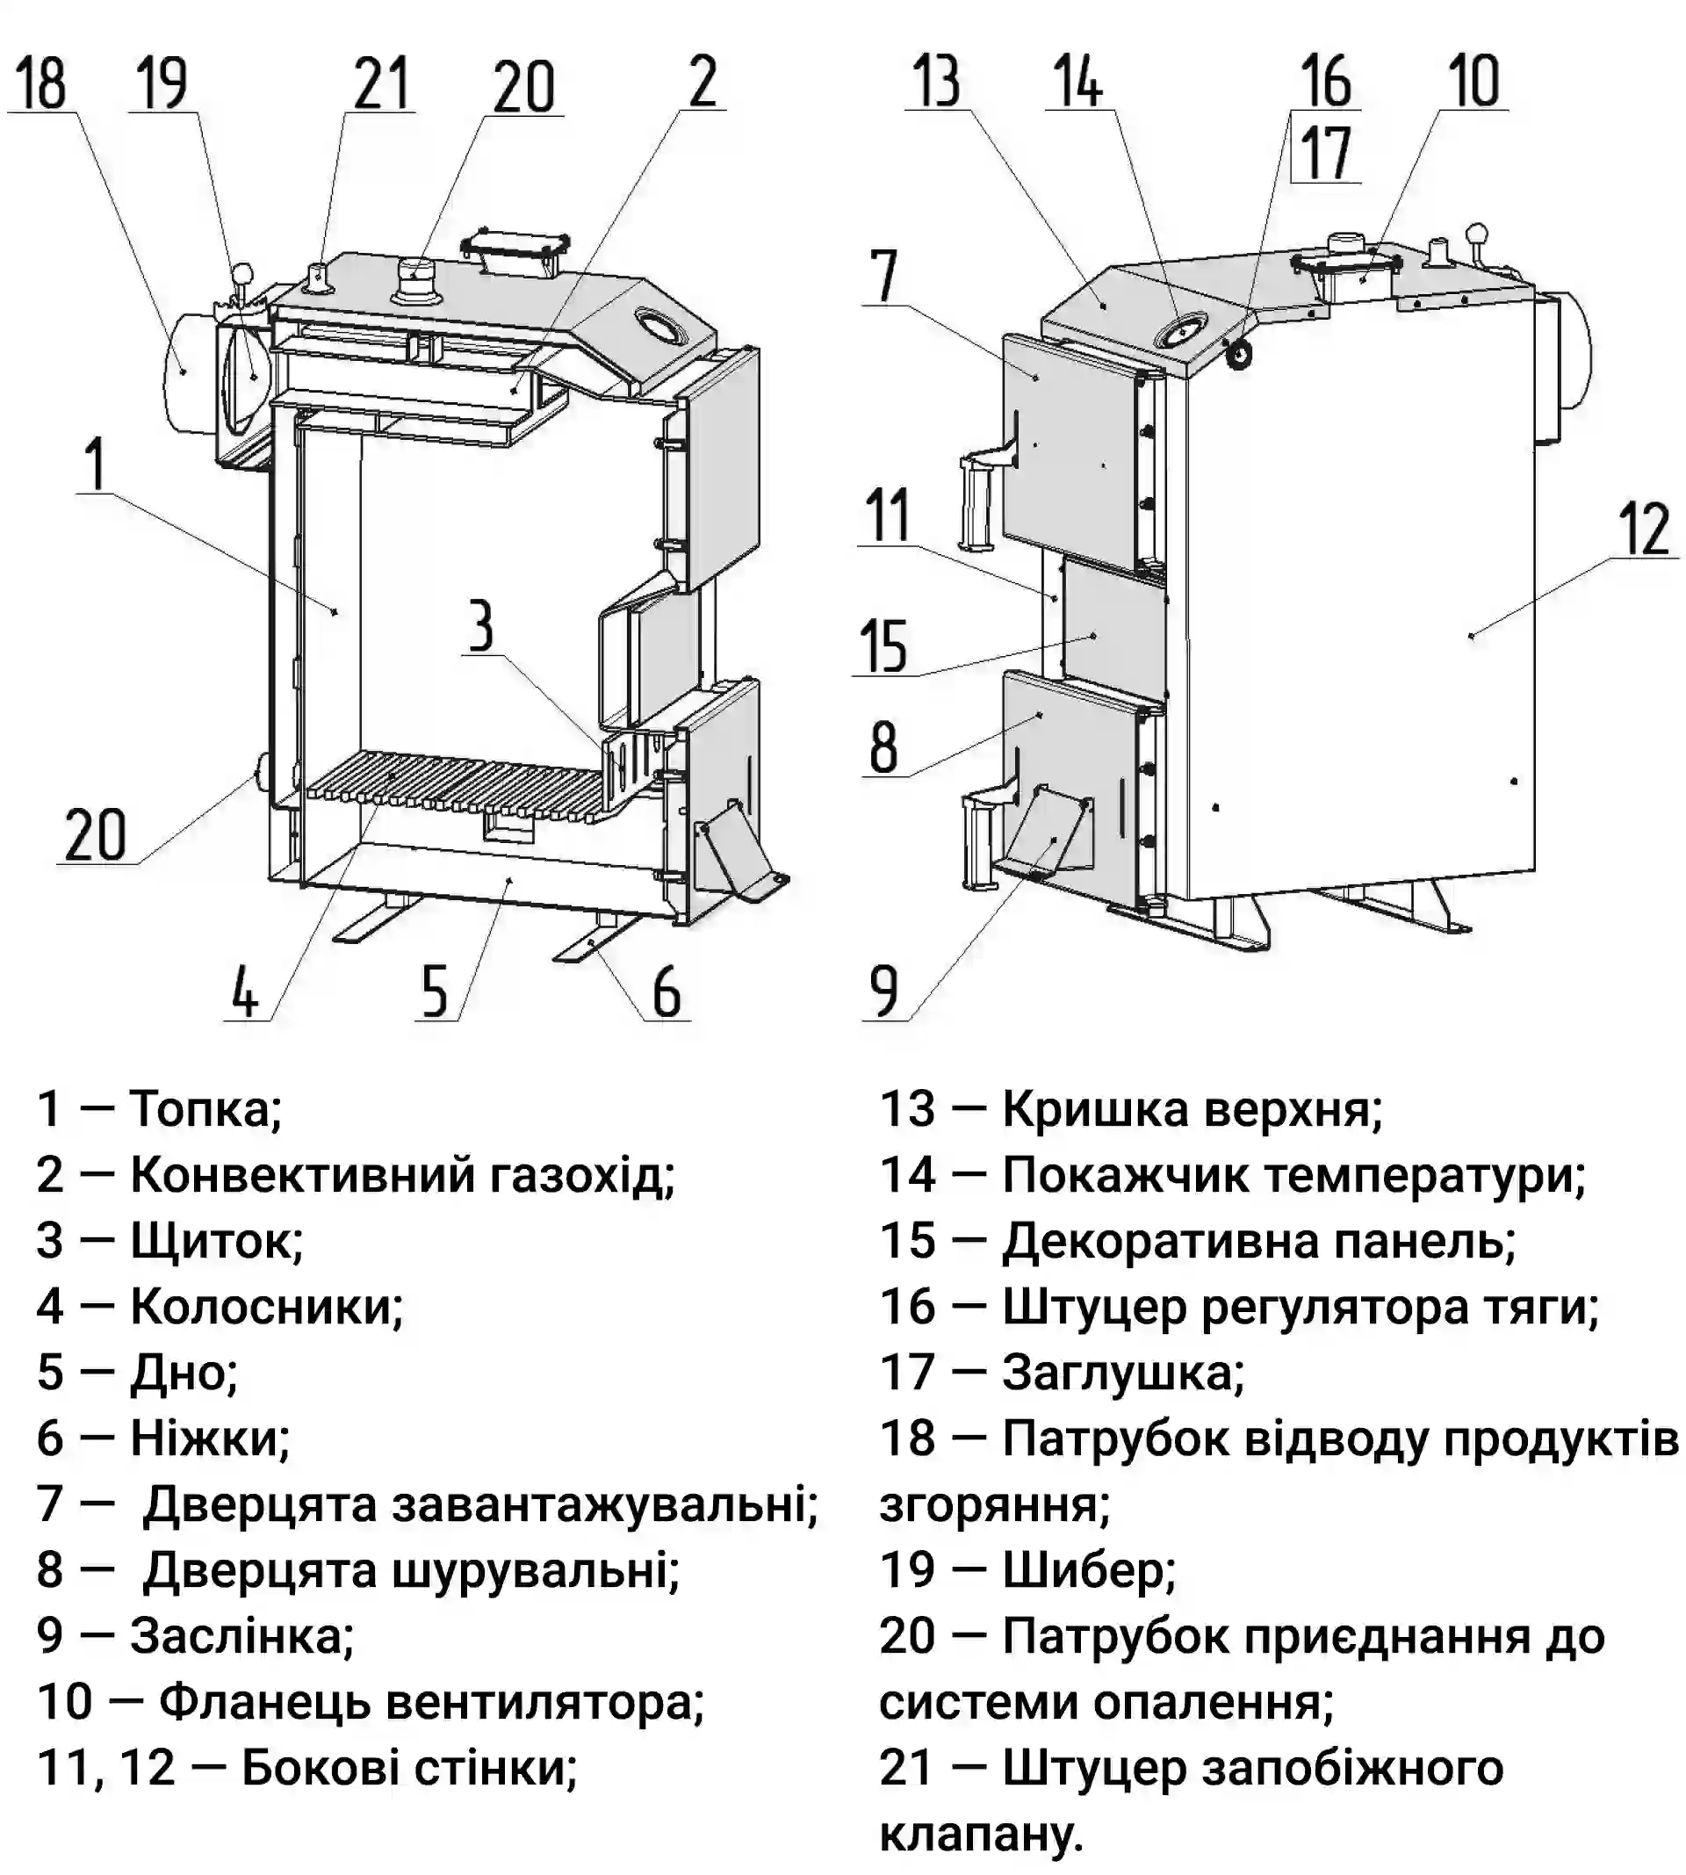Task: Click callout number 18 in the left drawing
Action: tap(40, 83)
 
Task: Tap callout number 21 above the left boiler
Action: tap(381, 83)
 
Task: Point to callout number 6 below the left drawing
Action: tap(667, 992)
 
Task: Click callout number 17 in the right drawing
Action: tap(1326, 153)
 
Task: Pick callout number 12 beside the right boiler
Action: tap(1646, 529)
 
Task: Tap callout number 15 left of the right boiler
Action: tap(883, 645)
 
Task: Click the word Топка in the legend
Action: tap(205, 1109)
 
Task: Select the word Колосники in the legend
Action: tap(266, 1307)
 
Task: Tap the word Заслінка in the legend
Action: tap(241, 1637)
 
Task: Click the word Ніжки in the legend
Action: tap(209, 1439)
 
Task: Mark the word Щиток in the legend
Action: tap(216, 1241)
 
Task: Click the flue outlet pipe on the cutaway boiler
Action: tap(190, 373)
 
